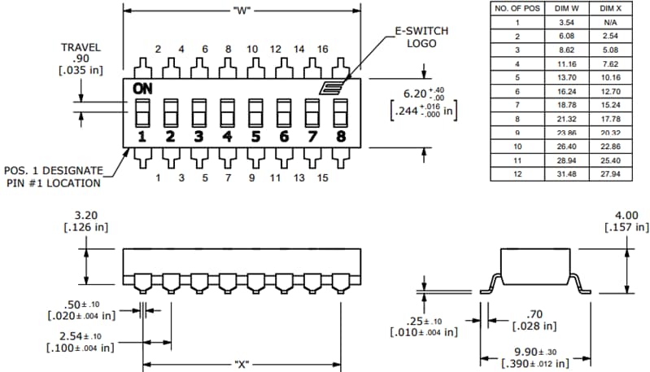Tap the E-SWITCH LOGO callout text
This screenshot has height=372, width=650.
pyautogui.click(x=421, y=37)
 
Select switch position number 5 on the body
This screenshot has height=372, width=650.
pyautogui.click(x=255, y=136)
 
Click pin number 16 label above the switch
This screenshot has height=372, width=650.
pyautogui.click(x=322, y=49)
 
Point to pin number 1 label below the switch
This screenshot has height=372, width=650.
pyautogui.click(x=158, y=177)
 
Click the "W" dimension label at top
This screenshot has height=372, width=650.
pyautogui.click(x=242, y=11)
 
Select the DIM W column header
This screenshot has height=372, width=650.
pyautogui.click(x=567, y=8)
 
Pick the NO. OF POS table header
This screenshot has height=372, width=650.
pyautogui.click(x=517, y=8)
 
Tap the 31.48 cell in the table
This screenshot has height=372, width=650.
pyautogui.click(x=567, y=173)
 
